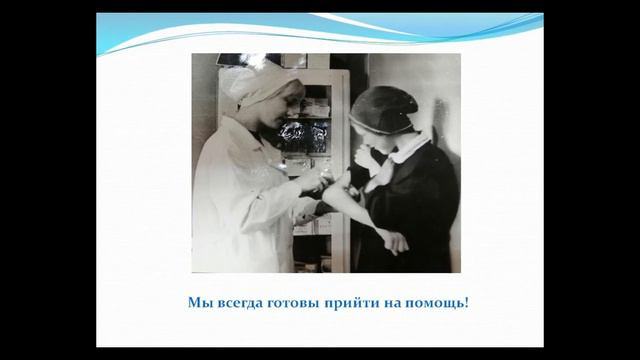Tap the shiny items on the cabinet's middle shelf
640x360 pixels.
(305, 135)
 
